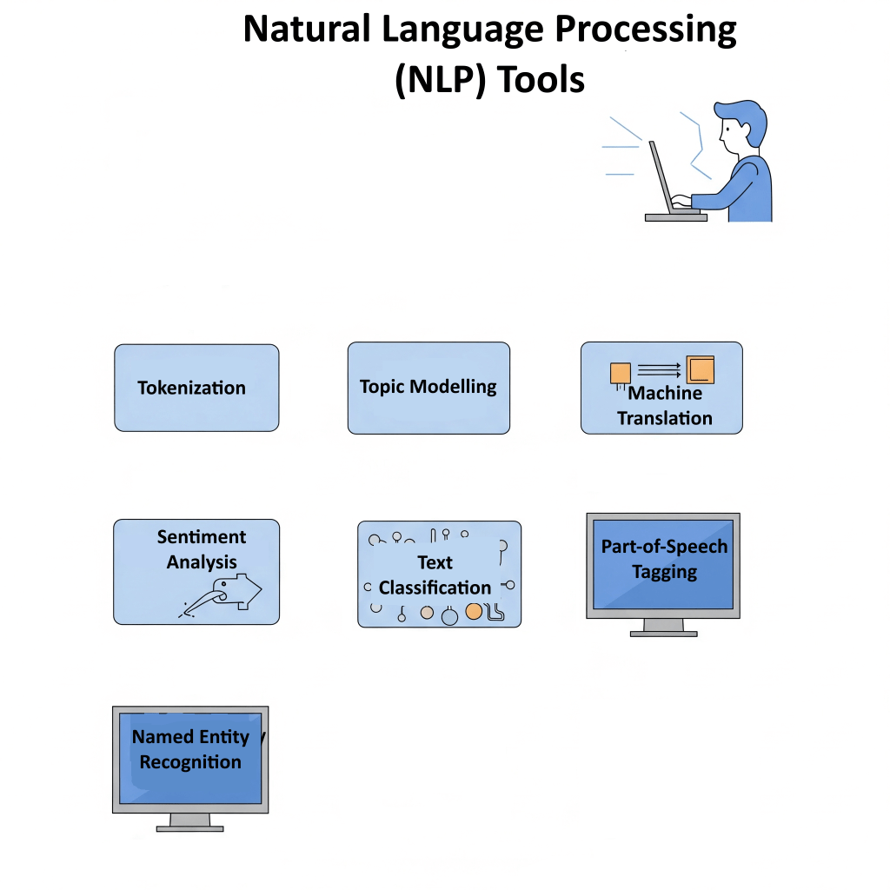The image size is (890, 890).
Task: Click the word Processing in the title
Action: point(646,30)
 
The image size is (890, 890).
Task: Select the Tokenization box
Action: point(196,388)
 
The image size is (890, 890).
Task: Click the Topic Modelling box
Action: point(428,388)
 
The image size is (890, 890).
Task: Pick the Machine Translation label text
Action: point(665,406)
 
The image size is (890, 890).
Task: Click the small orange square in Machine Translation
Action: point(620,372)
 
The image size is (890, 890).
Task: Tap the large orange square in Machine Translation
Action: point(700,369)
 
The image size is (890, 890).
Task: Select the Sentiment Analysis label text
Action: point(202,549)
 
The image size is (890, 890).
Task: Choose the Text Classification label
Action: point(435,575)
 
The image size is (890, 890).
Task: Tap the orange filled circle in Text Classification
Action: point(474,611)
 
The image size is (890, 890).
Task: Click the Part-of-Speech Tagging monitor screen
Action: point(664,565)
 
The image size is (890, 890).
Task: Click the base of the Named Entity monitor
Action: point(189,827)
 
